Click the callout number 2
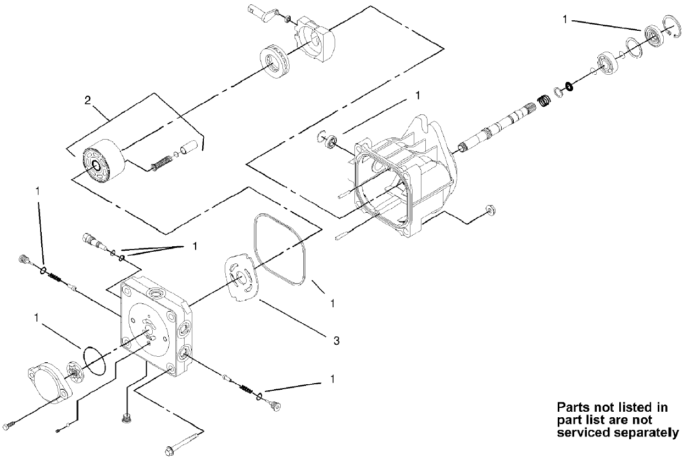coord(87,100)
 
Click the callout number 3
coord(336,341)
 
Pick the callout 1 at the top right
coord(565,19)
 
